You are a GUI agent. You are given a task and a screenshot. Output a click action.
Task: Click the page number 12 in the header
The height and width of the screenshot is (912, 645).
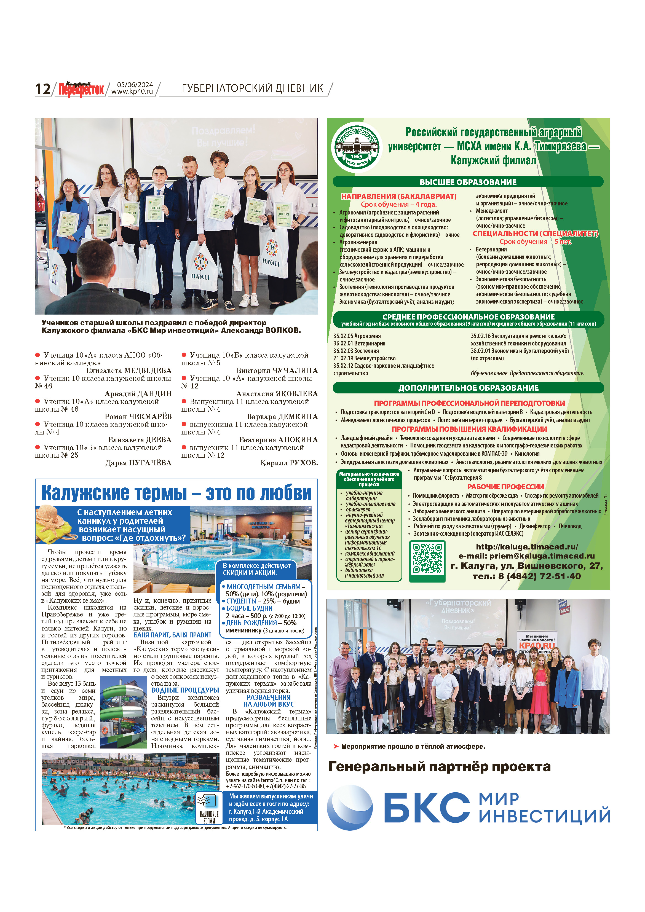click(42, 88)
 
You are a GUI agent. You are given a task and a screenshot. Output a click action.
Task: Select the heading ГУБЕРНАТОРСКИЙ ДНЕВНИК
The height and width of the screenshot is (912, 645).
click(252, 88)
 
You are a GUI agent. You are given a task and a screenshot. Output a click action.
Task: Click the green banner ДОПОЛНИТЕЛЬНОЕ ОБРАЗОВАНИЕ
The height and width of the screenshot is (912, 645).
click(468, 388)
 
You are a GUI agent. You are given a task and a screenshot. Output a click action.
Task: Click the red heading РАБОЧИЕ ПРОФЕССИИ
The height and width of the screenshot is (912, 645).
click(505, 487)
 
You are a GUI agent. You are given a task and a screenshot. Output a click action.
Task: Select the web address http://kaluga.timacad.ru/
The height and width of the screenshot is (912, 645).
click(527, 546)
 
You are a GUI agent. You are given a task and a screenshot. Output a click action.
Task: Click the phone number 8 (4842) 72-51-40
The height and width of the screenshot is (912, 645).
click(527, 576)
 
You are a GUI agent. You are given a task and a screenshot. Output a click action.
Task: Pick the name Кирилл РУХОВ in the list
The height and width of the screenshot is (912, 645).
click(289, 463)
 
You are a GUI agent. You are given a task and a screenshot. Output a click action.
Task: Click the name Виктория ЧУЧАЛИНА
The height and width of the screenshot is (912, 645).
click(277, 370)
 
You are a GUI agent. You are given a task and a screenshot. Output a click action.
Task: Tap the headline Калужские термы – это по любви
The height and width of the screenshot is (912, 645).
click(176, 493)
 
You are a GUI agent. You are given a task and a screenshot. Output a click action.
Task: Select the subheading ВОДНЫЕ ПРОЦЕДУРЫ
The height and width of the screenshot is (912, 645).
click(185, 690)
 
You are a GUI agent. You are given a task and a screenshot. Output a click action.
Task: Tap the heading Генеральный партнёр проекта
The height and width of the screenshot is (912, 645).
click(439, 766)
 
